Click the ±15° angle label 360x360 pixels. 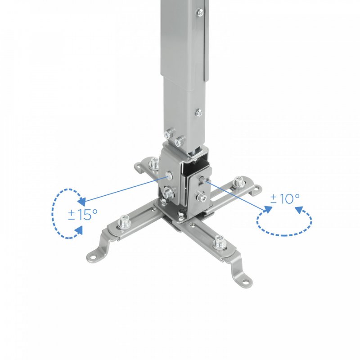point(83,215)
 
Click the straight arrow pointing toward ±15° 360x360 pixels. point(121,188)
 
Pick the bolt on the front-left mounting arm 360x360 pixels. point(124,221)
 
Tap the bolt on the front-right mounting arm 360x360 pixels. point(220,242)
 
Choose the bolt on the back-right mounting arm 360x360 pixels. point(239,182)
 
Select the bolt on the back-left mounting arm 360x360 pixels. point(153,163)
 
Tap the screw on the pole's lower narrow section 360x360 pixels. point(198,112)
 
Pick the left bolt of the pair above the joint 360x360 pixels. point(168,133)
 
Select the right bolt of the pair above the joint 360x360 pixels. point(180,139)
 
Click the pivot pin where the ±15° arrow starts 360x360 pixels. point(166,175)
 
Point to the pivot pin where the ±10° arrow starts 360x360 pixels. point(206,181)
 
